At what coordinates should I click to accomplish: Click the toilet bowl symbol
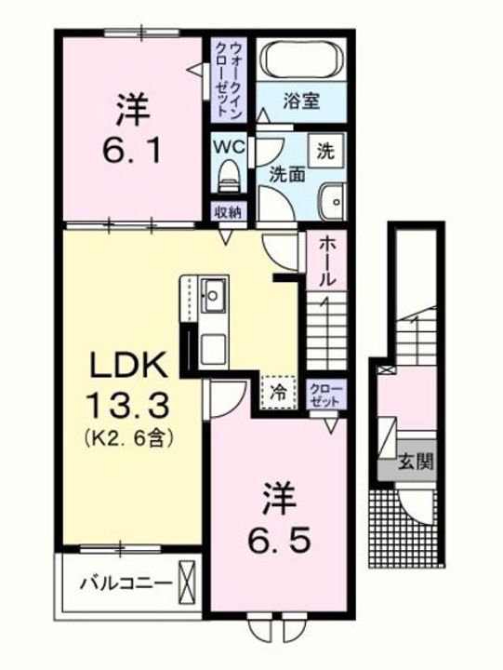[229, 176]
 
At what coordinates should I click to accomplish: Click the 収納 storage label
[228, 211]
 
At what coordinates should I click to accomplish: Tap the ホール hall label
[327, 261]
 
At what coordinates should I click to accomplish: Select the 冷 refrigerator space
[279, 391]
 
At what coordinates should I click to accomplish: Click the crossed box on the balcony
[189, 583]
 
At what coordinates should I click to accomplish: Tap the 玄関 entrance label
[417, 462]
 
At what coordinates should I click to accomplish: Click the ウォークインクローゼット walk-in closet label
[229, 76]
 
